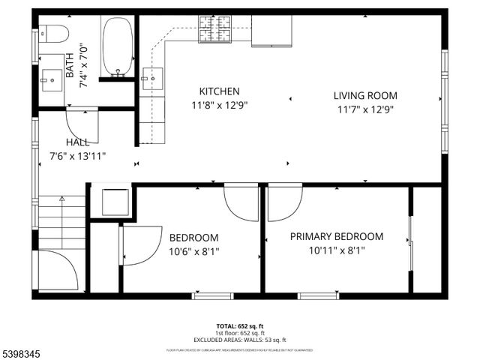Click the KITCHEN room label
pos(219,91)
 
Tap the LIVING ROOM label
pos(365,95)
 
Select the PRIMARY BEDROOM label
pos(336,236)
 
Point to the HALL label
pos(77,142)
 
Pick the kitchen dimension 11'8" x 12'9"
pos(219,106)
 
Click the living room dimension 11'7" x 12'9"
pos(365,109)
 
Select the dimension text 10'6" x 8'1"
pos(193,252)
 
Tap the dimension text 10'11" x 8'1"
pos(337,251)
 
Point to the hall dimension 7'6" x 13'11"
pos(78,156)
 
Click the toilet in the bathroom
pos(54,34)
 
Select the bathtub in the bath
pos(117,46)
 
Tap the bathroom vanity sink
pos(52,76)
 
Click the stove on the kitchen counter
pos(217,30)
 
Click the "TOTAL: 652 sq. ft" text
pos(239,326)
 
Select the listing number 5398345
pos(22,349)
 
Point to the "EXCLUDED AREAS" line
pos(240,340)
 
